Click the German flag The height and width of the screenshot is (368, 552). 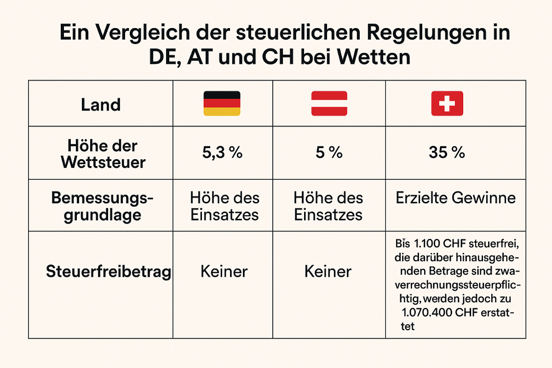(x=222, y=103)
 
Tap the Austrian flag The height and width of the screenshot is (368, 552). (x=329, y=103)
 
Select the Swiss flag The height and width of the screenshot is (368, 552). (x=447, y=103)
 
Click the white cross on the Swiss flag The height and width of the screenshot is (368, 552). (x=447, y=103)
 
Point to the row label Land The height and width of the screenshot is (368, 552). (x=101, y=105)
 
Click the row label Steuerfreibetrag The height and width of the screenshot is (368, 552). (x=109, y=271)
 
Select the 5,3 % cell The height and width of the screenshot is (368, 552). (x=222, y=153)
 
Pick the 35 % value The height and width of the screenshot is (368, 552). (x=447, y=153)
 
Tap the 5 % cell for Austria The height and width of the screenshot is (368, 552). (x=329, y=153)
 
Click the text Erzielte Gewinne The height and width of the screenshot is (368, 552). (x=455, y=198)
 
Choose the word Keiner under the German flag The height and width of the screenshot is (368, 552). (x=224, y=271)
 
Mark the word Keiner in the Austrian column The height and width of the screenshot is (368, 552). (x=328, y=271)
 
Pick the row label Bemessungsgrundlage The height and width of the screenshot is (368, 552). (x=102, y=207)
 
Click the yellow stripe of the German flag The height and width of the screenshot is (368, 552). (x=222, y=112)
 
